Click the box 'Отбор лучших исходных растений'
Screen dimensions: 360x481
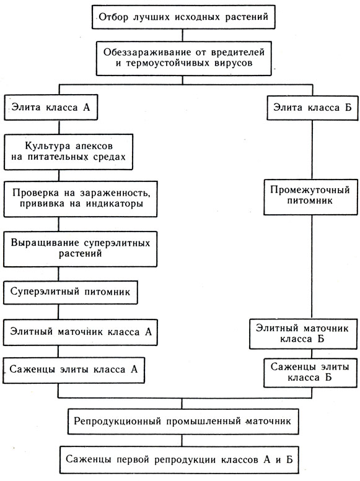[183, 17]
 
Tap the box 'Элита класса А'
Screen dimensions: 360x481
[51, 107]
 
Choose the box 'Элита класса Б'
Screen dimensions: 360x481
[312, 108]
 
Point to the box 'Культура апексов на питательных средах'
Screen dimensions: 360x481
[68, 152]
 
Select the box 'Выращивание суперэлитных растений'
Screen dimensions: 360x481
[80, 249]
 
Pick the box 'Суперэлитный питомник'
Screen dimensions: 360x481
[71, 292]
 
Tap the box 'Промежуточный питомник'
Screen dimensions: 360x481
[310, 197]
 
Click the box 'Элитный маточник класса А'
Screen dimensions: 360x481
[81, 332]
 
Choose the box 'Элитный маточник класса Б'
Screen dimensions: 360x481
[304, 334]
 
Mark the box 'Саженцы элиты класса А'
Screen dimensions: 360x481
[74, 370]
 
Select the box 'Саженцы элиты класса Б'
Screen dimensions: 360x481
[310, 373]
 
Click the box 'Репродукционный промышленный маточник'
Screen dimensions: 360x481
[183, 422]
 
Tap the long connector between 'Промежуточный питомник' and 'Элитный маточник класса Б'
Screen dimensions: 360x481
[312, 267]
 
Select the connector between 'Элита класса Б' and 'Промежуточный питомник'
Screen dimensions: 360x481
[312, 150]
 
